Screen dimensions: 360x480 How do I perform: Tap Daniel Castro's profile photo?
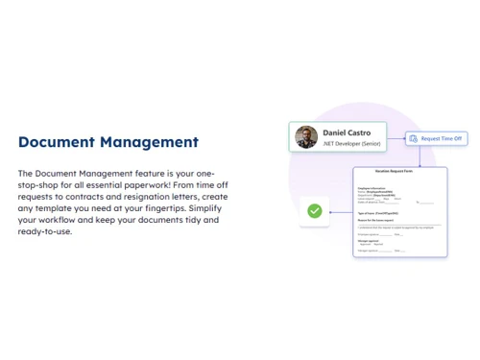tap(306, 136)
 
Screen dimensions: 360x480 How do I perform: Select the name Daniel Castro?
tap(348, 132)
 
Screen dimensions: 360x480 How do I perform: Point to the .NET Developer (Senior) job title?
tap(350, 144)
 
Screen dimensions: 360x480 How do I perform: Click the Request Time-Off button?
tap(443, 138)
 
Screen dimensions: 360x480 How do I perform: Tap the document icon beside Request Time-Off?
tap(414, 138)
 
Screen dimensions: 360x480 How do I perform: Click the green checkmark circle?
tap(314, 210)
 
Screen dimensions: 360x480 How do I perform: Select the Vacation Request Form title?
tap(400, 171)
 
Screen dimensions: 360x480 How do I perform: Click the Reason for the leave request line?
tap(375, 220)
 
